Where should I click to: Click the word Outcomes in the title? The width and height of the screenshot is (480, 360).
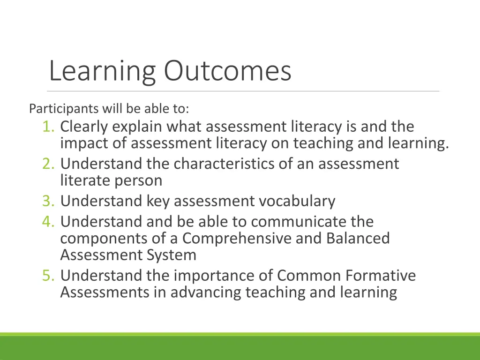tap(227, 71)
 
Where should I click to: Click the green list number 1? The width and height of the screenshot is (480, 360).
tap(48, 127)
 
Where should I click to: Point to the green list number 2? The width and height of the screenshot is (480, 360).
tap(48, 164)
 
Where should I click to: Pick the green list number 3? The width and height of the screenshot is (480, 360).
tap(48, 201)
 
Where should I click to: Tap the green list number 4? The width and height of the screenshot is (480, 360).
tap(48, 221)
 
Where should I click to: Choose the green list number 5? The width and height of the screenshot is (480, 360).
tap(48, 276)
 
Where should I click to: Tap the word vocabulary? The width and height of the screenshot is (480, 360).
tap(297, 201)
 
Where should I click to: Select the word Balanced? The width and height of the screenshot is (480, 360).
tap(358, 238)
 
